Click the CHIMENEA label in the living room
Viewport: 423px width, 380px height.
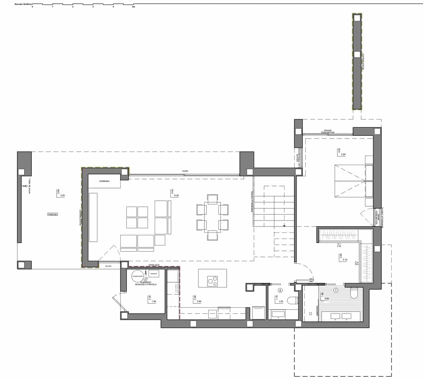[x=104, y=181]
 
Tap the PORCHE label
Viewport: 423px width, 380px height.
[x=53, y=214]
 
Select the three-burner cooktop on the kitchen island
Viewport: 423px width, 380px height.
[x=213, y=281]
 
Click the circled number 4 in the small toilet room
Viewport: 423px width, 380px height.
[x=280, y=290]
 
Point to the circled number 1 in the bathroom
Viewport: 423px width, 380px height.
[x=336, y=290]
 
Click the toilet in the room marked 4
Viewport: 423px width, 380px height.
[x=292, y=300]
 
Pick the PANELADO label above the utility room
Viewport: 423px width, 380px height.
[x=154, y=265]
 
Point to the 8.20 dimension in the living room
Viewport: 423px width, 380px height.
[x=177, y=196]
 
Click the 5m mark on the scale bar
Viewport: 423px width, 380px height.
[x=134, y=7]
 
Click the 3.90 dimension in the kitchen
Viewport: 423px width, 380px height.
[x=199, y=301]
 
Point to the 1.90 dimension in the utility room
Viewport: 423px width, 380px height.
[x=154, y=301]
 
